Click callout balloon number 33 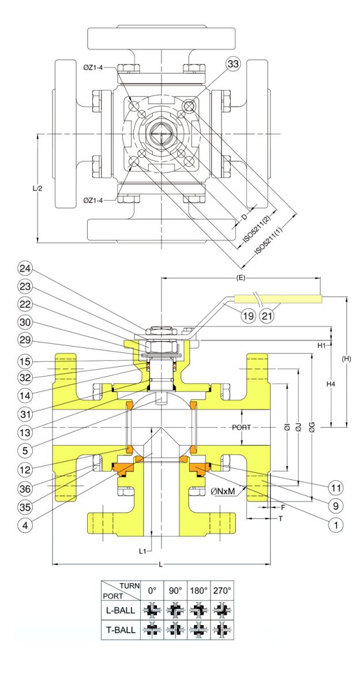[233, 64]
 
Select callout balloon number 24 [25, 269]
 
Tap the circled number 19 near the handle [248, 316]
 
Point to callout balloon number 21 [267, 316]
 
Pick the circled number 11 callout [336, 488]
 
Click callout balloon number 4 [25, 525]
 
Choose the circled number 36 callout [25, 489]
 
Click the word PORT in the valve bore [241, 427]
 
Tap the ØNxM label [223, 491]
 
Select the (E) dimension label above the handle [241, 278]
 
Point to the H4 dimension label [331, 384]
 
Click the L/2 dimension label [37, 188]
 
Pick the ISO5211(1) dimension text [268, 241]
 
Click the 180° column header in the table [198, 591]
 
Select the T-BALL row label [121, 630]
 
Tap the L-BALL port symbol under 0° [152, 610]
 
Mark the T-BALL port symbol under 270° [222, 630]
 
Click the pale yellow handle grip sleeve [279, 299]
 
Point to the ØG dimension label [312, 427]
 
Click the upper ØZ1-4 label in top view [93, 67]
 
